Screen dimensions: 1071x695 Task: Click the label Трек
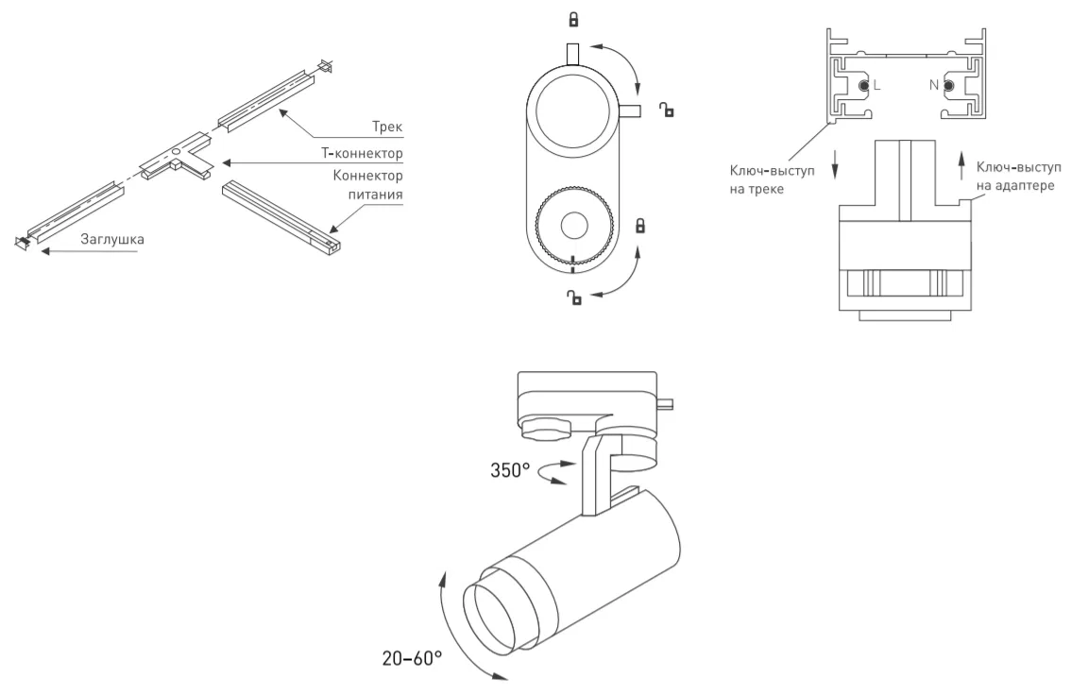(x=387, y=127)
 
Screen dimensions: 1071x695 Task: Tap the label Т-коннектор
(x=362, y=154)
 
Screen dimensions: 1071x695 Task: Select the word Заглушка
(x=112, y=240)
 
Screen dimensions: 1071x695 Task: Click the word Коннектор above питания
(x=367, y=176)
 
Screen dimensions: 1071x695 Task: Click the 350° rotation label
(x=510, y=470)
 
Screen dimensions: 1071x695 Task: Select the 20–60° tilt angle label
(x=412, y=658)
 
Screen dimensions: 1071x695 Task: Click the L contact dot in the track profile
(x=864, y=85)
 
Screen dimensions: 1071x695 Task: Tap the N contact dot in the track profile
(x=948, y=85)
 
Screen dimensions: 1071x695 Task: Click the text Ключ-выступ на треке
(x=772, y=179)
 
